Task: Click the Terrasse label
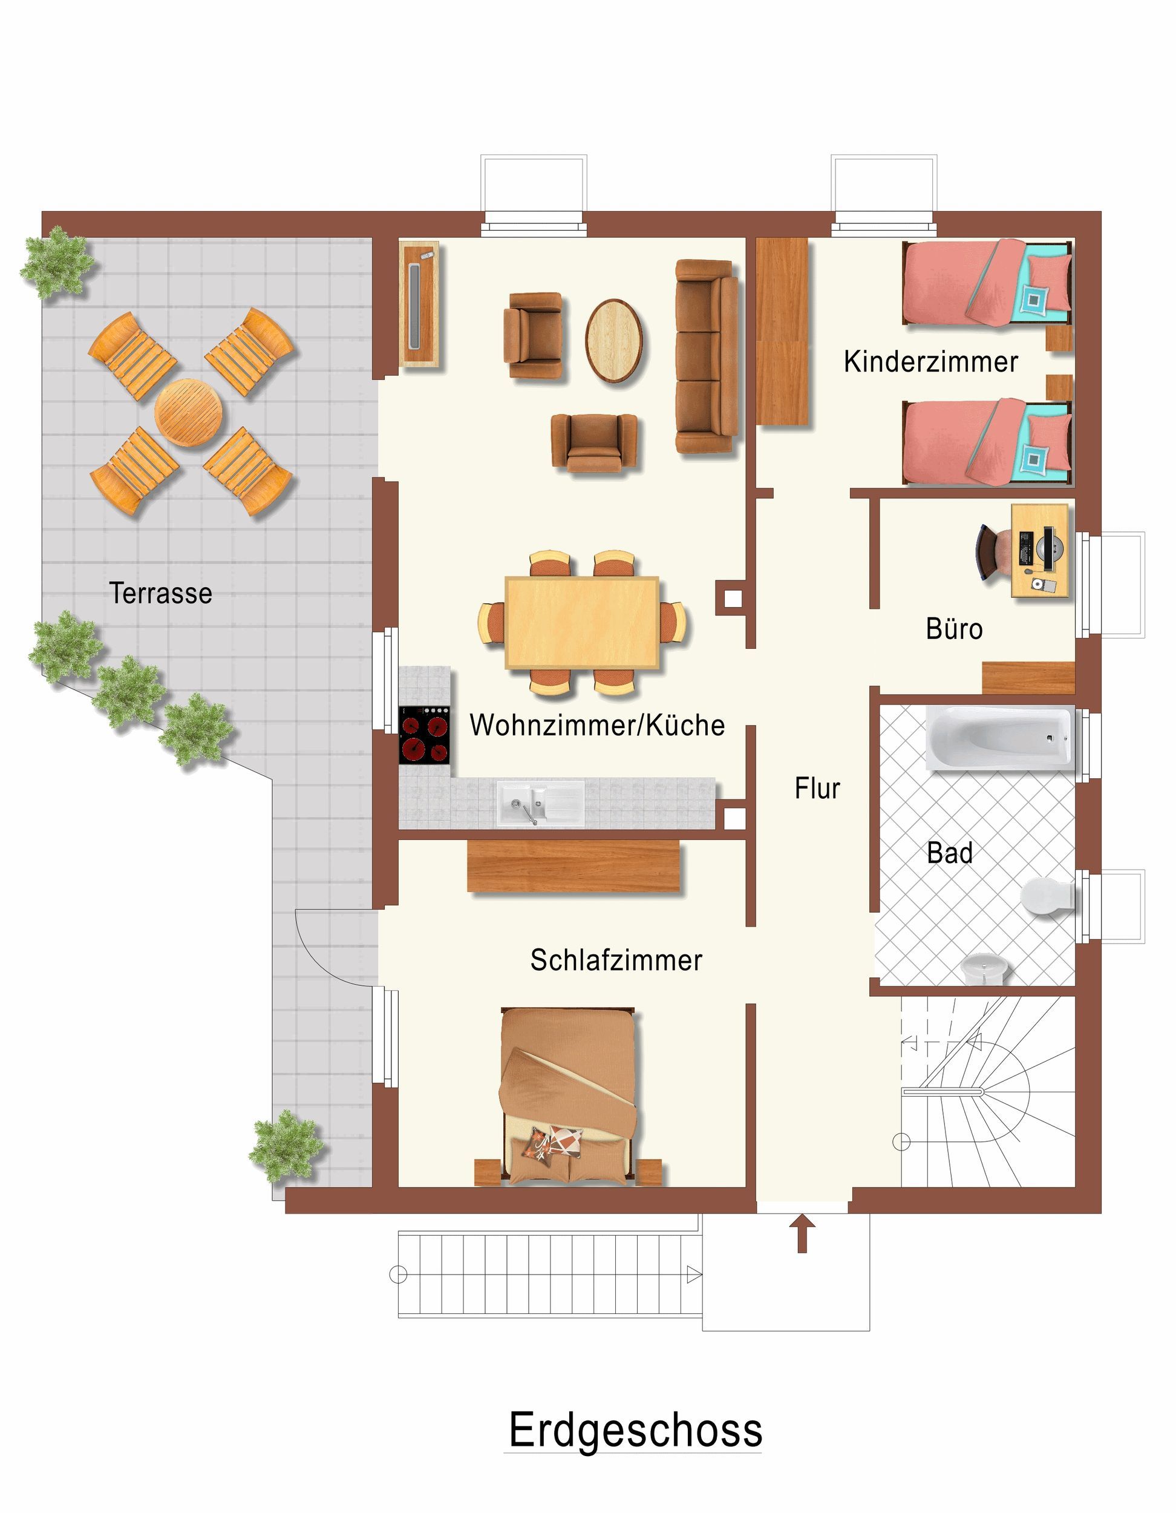(x=161, y=594)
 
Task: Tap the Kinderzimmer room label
(x=931, y=362)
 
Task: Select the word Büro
(x=955, y=629)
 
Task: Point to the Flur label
(x=817, y=789)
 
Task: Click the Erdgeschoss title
(x=636, y=1430)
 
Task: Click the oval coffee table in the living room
(x=615, y=340)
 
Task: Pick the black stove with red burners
(x=425, y=735)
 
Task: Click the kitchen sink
(x=540, y=804)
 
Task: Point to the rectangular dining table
(x=582, y=623)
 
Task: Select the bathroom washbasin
(x=985, y=968)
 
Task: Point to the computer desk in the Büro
(x=1039, y=551)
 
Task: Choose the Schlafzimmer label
(x=616, y=960)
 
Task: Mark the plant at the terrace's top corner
(x=57, y=263)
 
